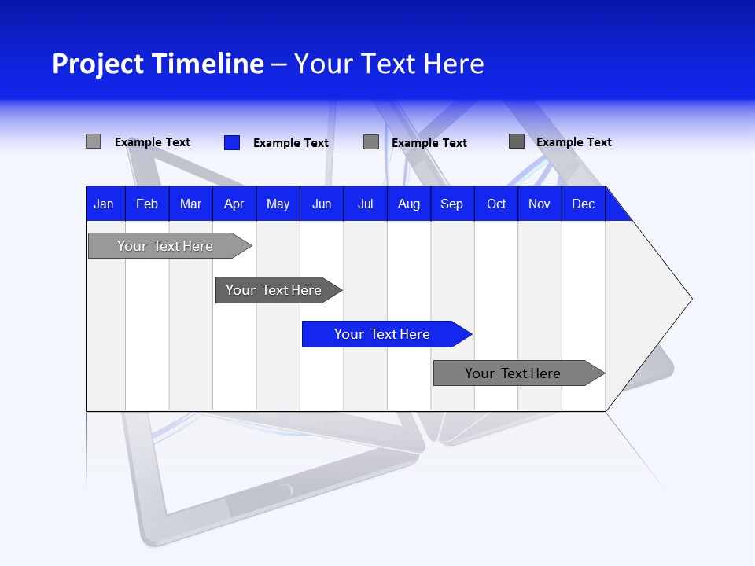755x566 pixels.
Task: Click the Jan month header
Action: coord(105,204)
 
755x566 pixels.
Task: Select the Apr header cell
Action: coord(234,204)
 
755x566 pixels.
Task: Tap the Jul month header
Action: coord(365,204)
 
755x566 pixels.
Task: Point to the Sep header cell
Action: coord(452,204)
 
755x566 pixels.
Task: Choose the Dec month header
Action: coord(583,204)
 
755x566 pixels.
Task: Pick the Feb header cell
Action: coord(147,204)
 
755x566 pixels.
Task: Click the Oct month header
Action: coord(496,204)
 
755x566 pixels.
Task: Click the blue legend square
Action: coord(232,142)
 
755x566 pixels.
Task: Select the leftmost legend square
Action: coord(93,141)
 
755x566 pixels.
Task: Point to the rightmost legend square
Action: coord(517,141)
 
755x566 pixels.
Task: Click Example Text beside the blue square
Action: coord(291,143)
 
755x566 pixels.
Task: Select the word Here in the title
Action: coord(454,64)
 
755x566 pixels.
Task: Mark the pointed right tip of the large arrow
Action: coord(690,299)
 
